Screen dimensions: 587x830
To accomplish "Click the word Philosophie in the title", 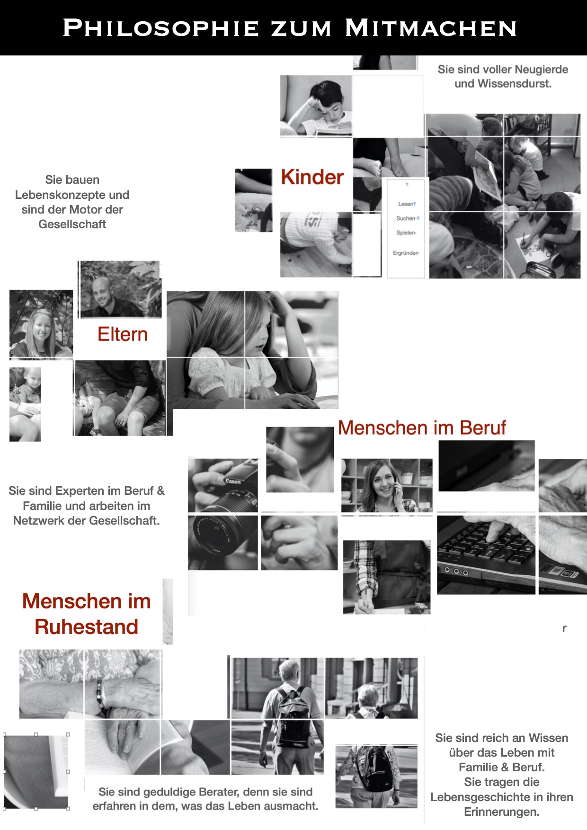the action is tap(161, 28).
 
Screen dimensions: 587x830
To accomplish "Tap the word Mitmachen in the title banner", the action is tap(431, 28).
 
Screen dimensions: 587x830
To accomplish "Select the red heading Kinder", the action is tap(312, 177).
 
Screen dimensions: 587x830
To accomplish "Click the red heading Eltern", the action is tap(123, 334).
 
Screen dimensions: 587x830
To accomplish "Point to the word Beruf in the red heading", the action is tap(482, 428).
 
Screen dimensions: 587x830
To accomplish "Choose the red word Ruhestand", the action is tap(87, 626).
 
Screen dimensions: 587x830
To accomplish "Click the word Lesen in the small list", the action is tap(406, 204).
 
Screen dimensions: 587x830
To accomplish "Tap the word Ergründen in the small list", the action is tap(406, 253).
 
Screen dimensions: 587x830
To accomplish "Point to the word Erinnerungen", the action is tap(502, 812).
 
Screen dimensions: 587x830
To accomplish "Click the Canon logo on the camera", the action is tap(233, 481).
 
